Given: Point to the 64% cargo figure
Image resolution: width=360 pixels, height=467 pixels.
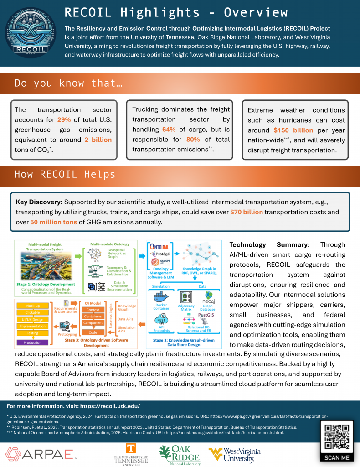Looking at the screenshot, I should click(x=169, y=130).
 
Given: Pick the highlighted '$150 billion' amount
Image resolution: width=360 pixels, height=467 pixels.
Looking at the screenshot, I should click(x=293, y=130).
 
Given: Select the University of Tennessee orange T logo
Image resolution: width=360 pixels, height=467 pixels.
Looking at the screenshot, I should click(x=131, y=450).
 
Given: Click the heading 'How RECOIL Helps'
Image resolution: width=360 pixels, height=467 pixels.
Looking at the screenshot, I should click(x=65, y=174).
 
